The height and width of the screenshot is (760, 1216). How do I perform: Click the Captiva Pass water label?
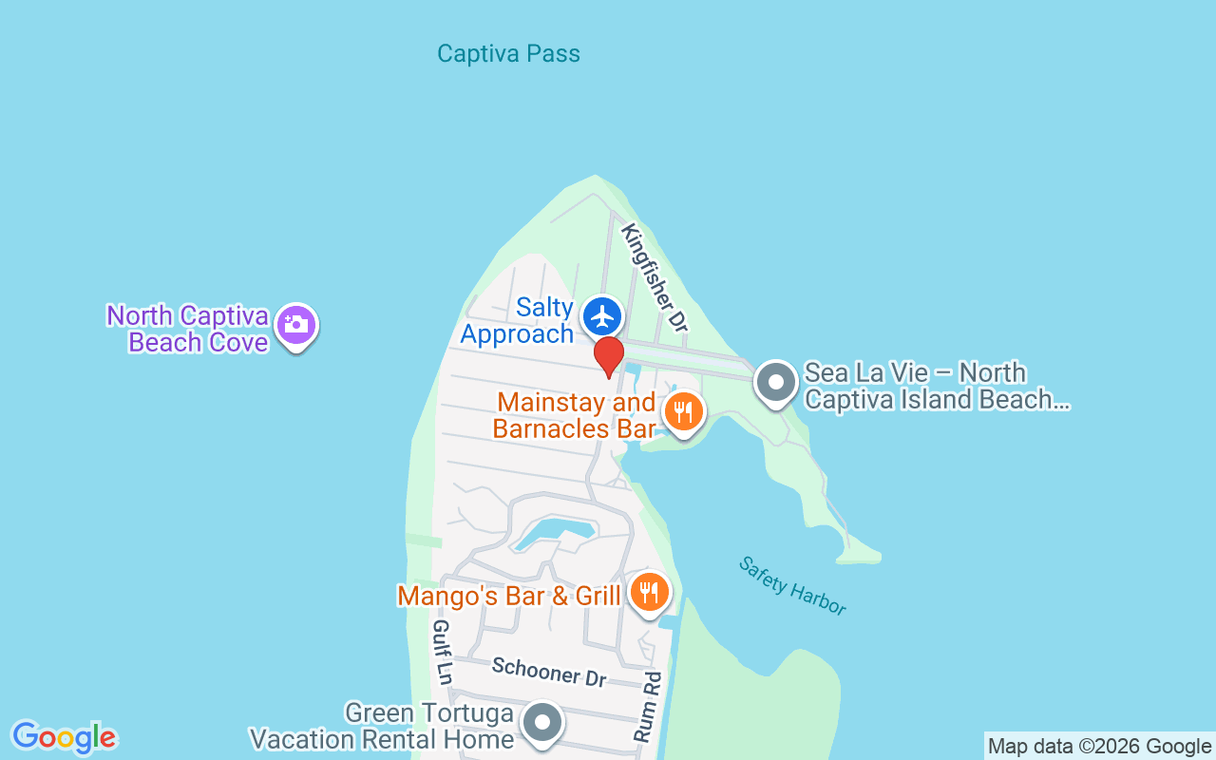pos(508,53)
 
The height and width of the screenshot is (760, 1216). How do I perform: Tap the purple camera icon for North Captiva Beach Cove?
pos(295,325)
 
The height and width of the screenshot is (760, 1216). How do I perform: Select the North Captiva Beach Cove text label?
pos(188,329)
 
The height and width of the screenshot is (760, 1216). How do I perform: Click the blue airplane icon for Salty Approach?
pos(601,316)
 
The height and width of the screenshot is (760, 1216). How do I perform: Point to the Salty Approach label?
pos(518,320)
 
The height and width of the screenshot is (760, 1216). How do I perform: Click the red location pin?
pos(608,356)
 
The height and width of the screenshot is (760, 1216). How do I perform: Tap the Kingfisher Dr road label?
pos(654,276)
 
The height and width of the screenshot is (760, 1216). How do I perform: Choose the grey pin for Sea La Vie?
pos(776,383)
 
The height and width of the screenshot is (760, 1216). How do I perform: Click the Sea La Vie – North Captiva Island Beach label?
pos(937,386)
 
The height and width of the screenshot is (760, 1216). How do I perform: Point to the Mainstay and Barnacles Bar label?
pos(575,415)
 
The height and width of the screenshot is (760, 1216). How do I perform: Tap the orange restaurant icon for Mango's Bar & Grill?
pos(649,593)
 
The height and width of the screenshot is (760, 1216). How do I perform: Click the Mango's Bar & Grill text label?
pos(508,597)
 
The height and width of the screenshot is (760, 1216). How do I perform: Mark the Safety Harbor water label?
pos(792,585)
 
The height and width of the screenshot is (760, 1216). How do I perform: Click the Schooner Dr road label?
pos(549,672)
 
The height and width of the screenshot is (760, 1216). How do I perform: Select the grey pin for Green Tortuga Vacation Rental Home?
pos(542,723)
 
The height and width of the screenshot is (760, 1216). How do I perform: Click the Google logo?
pos(64,737)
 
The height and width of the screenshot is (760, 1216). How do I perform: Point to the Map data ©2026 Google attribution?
pos(1099,747)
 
